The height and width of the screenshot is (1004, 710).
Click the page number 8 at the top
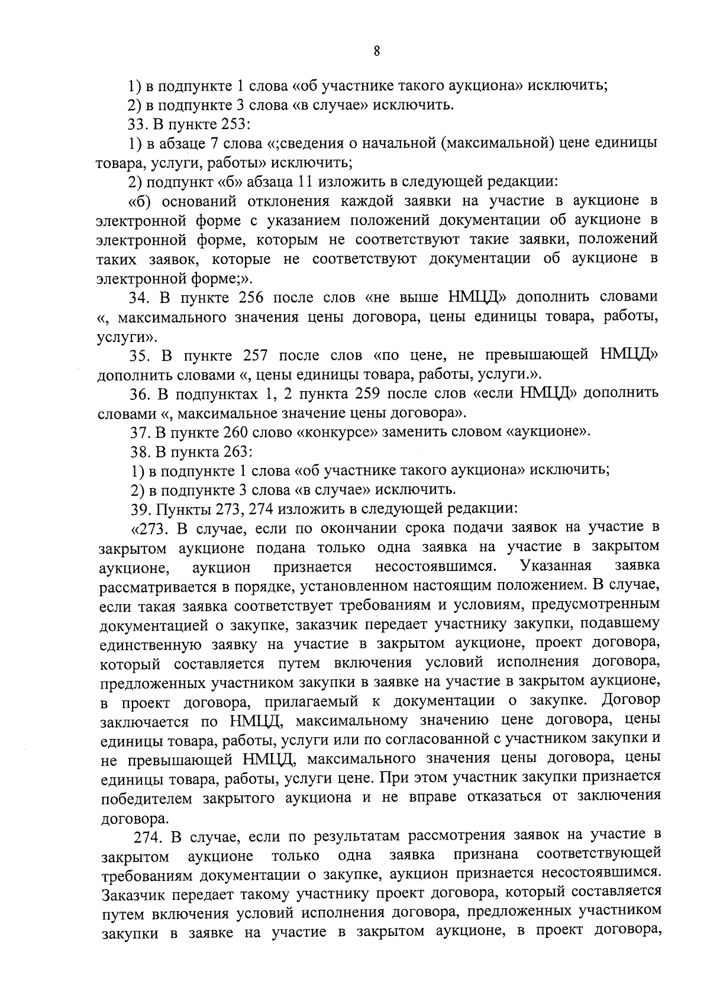376,50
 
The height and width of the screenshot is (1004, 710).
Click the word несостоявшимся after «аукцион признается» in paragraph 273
435,567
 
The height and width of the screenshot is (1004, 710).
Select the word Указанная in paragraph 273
555,566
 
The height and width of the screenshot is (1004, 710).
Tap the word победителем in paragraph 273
147,798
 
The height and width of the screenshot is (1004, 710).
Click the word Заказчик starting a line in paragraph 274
132,893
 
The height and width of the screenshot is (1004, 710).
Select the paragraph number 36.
138,393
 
